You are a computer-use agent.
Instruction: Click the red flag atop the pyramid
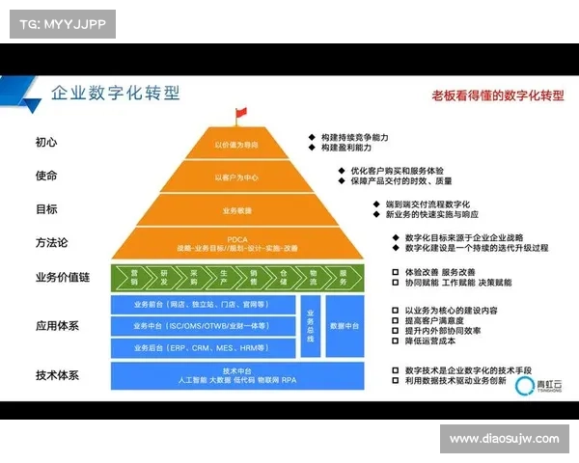[240, 116]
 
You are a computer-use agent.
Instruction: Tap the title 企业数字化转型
[114, 94]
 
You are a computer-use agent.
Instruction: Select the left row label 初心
[46, 142]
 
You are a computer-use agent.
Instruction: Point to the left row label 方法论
[52, 242]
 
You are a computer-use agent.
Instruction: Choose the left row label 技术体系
[57, 375]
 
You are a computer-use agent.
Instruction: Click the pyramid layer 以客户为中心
[236, 177]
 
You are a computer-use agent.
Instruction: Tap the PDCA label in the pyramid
[236, 238]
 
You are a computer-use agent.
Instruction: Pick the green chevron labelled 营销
[135, 276]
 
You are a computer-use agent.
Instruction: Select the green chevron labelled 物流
[313, 276]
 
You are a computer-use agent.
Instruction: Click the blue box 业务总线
[310, 326]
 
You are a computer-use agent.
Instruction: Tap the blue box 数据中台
[345, 326]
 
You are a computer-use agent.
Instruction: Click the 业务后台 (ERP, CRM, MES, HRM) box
[203, 347]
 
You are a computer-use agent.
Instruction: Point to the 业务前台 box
[203, 305]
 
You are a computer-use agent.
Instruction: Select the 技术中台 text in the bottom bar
[236, 370]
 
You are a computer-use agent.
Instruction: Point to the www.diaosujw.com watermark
[504, 439]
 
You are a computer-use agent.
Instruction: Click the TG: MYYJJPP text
[60, 23]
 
